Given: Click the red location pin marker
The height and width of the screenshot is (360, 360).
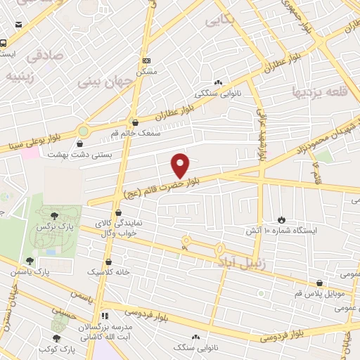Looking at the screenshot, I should (x=181, y=165).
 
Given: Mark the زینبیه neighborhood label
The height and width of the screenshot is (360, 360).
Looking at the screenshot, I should (x=24, y=74).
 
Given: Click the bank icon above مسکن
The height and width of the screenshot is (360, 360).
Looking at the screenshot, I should (x=146, y=61).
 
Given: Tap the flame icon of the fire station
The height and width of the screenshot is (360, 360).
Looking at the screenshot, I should (x=282, y=219).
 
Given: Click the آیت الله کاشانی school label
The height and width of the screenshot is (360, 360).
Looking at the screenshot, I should (x=105, y=337).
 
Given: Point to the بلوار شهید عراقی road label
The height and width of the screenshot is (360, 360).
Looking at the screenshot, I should (x=259, y=133).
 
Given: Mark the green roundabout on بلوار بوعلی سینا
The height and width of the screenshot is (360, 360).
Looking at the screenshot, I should (x=84, y=130).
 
